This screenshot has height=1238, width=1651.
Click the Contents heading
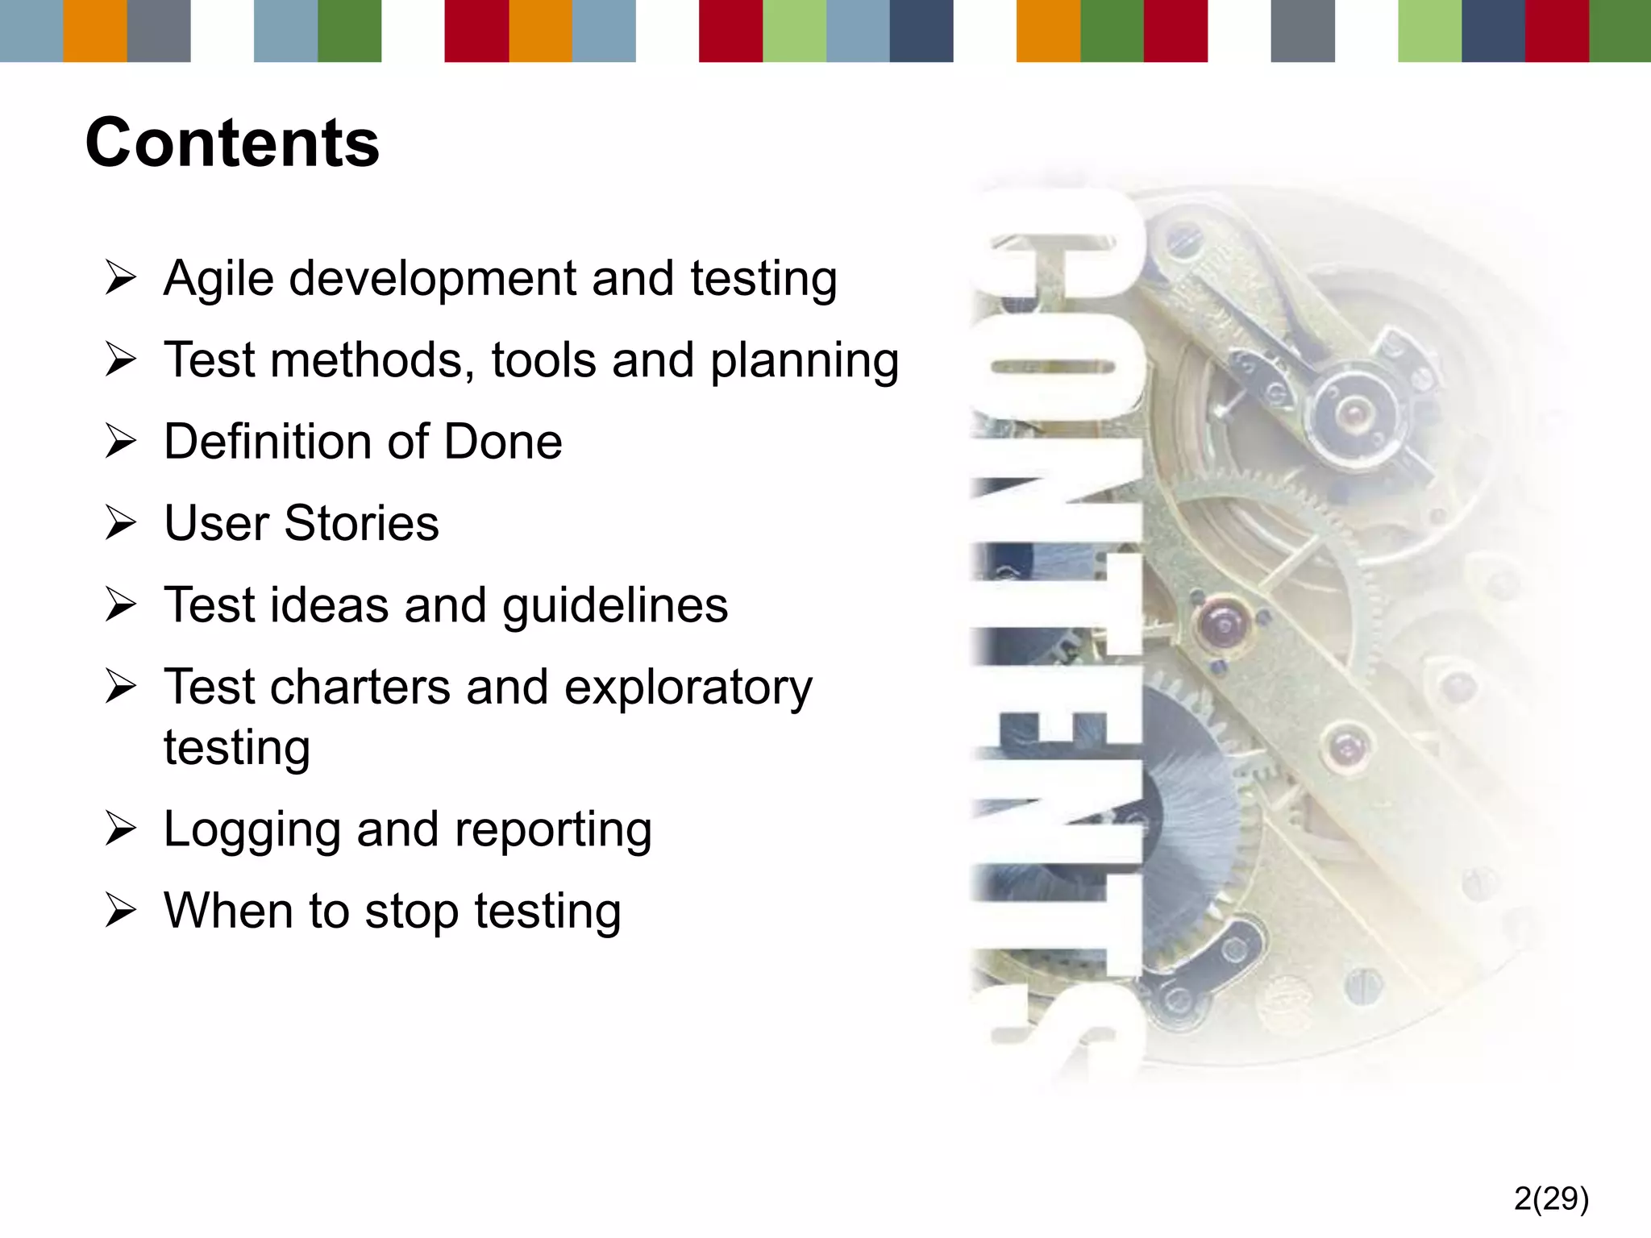click(x=232, y=143)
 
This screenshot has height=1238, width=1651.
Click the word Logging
click(x=252, y=830)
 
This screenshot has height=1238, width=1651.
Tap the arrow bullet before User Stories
click(x=122, y=523)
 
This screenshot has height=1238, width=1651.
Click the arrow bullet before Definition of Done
click(x=122, y=442)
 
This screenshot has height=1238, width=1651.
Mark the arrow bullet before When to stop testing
click(x=122, y=912)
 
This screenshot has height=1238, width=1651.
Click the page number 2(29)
click(x=1551, y=1199)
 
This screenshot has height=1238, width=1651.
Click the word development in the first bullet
click(x=433, y=280)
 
